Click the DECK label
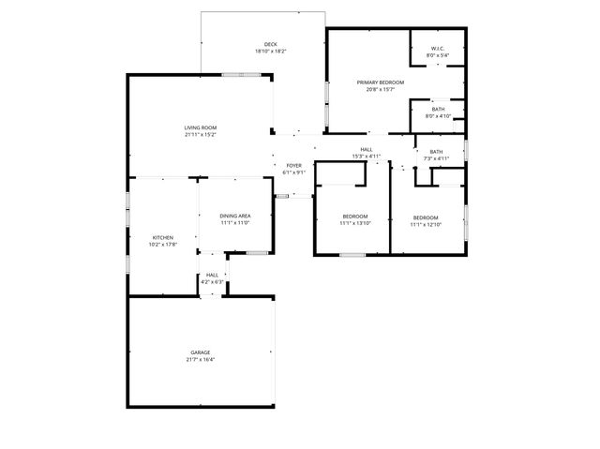coord(270,44)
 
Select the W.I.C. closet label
coord(438,49)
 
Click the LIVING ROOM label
coord(201,127)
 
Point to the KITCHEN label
coord(163,238)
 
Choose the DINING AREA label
coord(235,217)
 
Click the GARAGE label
coord(201,352)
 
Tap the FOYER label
coord(294,166)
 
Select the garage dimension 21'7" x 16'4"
coord(201,360)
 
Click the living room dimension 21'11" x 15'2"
coord(201,135)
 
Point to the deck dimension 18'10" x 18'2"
coord(270,51)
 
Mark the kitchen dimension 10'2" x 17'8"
coord(163,245)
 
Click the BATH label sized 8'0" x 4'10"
coord(438,109)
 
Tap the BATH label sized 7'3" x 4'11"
coord(436,152)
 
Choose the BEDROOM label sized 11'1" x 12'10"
coord(426,217)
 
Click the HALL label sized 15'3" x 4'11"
coord(366,149)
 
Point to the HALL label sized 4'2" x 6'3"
coord(213,275)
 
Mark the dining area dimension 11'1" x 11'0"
coord(235,223)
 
